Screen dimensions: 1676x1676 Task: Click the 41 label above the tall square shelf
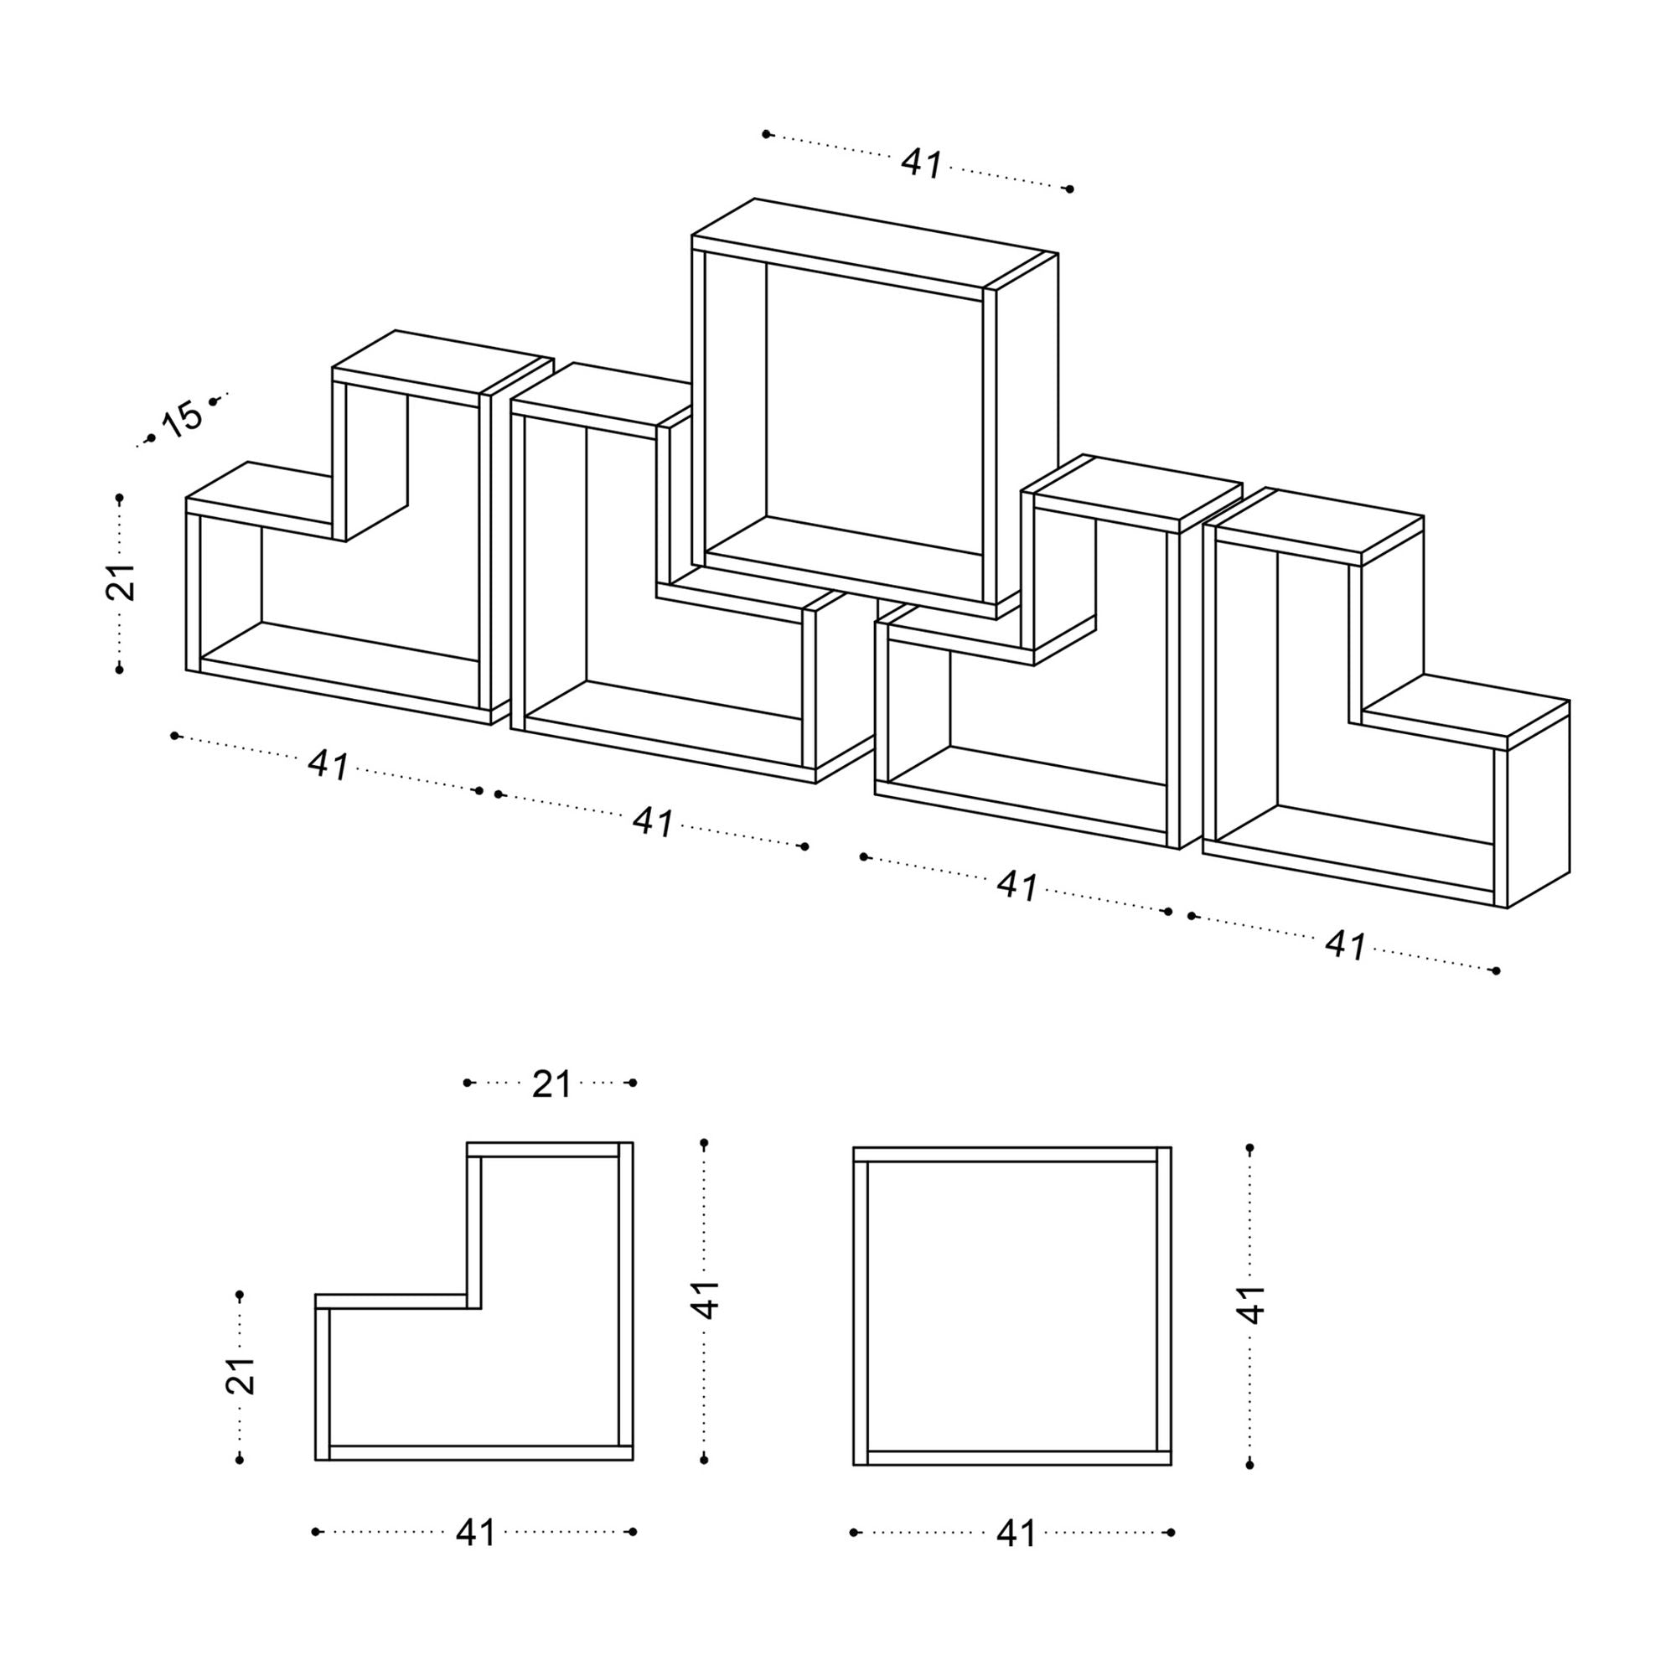pos(921,163)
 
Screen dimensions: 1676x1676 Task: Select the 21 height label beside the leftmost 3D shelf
pos(121,582)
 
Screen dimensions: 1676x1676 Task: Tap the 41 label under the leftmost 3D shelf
pos(328,765)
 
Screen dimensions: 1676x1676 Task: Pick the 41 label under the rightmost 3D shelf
pos(1346,945)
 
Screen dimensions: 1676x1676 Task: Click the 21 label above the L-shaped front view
pos(551,1084)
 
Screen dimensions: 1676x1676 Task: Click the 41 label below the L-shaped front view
pos(475,1533)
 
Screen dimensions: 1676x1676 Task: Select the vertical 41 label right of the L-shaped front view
pos(706,1299)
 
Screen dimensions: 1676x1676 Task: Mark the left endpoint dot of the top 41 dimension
pos(766,133)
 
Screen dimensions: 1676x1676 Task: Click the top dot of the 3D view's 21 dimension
pos(120,498)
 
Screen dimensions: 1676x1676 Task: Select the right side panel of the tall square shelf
pos(1027,434)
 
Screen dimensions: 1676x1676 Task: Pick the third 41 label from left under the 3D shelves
pos(1016,886)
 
